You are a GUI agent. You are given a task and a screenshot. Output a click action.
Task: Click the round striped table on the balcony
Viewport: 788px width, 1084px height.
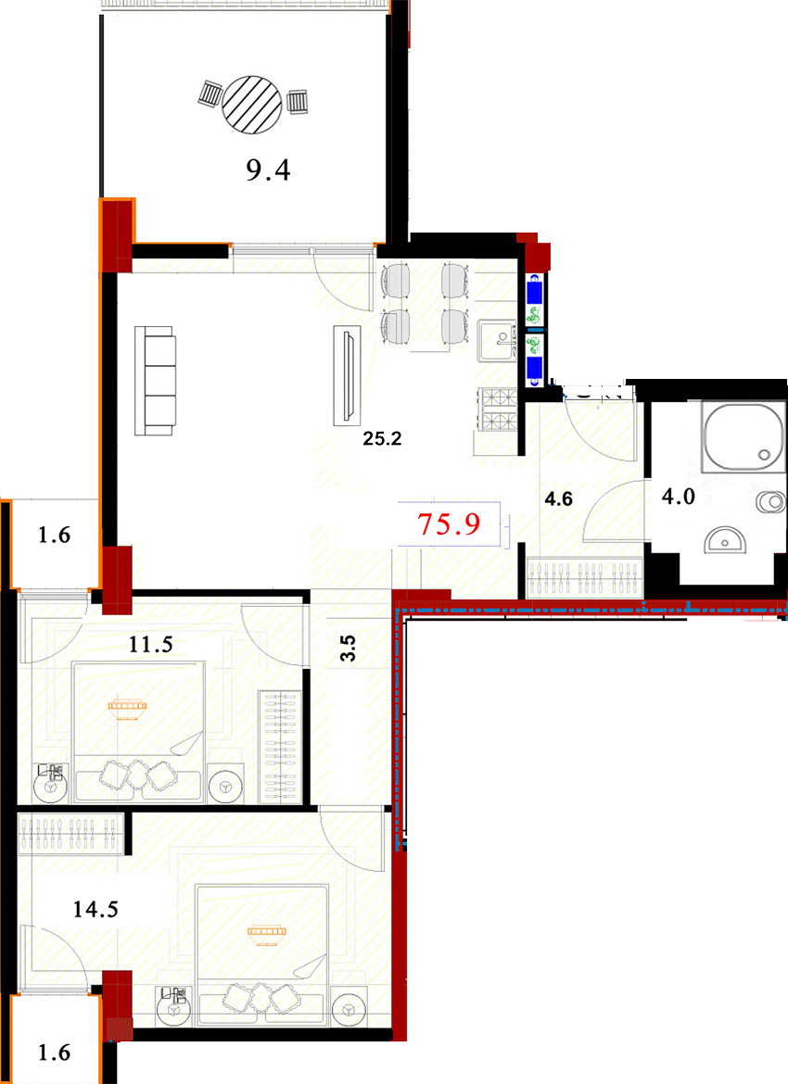(252, 105)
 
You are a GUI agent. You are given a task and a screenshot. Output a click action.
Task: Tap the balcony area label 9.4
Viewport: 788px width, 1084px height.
(269, 170)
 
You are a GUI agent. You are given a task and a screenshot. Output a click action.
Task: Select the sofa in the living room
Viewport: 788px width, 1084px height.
(155, 381)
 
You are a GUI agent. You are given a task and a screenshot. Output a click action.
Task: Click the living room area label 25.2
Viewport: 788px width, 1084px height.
(382, 438)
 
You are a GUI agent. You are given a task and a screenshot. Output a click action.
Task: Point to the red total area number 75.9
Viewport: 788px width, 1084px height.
(449, 524)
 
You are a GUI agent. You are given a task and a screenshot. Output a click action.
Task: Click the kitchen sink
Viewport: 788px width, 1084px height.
(498, 340)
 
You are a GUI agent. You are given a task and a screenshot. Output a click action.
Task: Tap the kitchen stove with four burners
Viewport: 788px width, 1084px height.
(498, 410)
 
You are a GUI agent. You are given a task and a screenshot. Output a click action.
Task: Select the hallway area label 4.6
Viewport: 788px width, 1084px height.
(558, 498)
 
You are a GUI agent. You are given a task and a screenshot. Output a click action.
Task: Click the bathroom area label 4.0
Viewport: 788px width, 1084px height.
(678, 497)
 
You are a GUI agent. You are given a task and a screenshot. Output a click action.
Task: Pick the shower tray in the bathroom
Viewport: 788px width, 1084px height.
(744, 436)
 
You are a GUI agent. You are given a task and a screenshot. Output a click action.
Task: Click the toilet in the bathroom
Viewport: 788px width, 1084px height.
(770, 501)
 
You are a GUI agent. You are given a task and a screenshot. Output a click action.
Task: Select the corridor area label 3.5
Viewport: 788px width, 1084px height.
(348, 649)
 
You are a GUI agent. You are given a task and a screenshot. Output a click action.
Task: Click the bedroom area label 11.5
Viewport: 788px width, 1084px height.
(151, 645)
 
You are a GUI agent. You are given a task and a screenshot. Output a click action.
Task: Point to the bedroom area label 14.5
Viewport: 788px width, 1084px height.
(95, 909)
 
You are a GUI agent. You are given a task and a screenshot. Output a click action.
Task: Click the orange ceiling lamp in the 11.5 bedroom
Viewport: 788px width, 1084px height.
(127, 707)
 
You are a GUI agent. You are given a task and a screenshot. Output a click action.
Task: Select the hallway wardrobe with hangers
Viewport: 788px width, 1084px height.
(585, 577)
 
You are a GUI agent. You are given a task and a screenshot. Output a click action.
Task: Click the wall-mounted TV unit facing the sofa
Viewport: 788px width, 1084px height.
(348, 374)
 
